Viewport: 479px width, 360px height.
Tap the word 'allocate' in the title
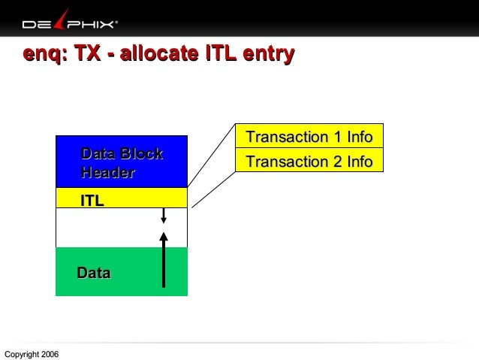point(158,54)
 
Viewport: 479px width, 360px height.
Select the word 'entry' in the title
point(267,54)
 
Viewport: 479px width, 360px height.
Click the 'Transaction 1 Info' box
point(309,137)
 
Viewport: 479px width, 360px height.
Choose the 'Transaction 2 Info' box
point(309,161)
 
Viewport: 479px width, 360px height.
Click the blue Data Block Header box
point(122,162)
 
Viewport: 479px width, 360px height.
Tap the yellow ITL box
point(122,198)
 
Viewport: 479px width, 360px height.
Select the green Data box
point(120,272)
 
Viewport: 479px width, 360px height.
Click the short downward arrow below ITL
point(164,216)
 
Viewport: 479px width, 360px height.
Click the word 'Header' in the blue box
point(107,173)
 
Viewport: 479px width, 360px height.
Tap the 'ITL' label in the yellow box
point(92,200)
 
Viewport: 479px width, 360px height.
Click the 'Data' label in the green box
point(94,273)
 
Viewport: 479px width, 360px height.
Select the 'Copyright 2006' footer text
point(31,354)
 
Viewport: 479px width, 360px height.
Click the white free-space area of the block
point(105,227)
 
